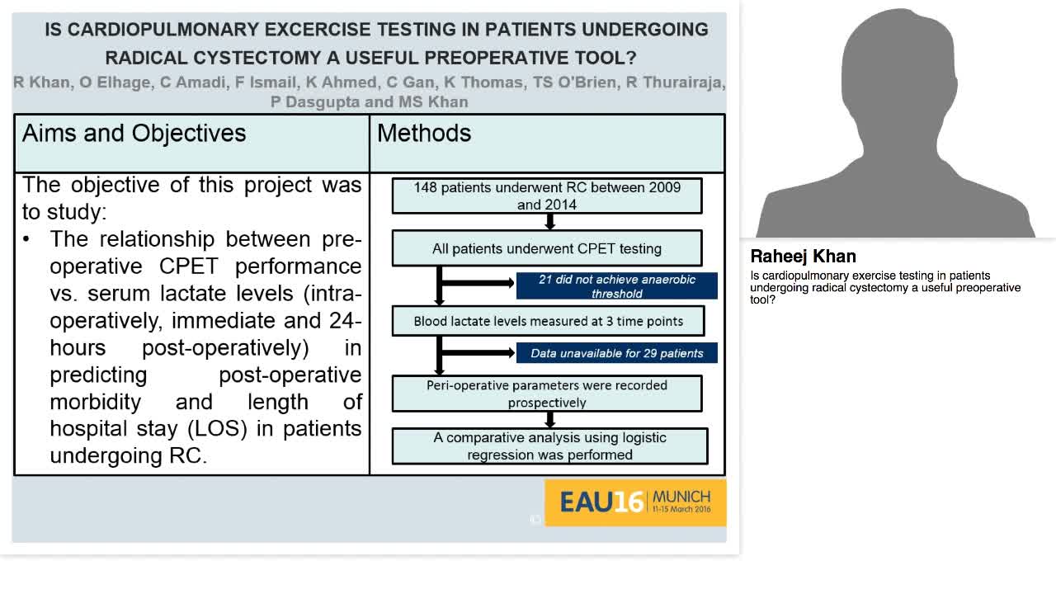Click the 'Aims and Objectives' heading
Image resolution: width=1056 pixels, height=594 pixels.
(134, 134)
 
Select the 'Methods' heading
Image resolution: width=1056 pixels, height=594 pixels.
(424, 134)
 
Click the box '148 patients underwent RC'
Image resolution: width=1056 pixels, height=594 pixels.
(547, 196)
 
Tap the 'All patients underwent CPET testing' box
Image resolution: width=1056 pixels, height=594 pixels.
(547, 248)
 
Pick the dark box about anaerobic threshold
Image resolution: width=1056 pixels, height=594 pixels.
(616, 286)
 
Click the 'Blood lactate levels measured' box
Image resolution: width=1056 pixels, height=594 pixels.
(548, 321)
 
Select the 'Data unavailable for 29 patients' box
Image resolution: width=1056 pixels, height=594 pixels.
(616, 353)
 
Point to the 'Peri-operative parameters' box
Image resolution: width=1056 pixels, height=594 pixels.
(547, 394)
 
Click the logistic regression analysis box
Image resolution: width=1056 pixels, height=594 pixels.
(549, 445)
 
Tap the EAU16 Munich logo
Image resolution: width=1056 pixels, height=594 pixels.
(635, 502)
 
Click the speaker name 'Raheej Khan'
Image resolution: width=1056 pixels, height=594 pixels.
(803, 256)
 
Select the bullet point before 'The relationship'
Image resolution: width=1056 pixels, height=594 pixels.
(28, 239)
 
